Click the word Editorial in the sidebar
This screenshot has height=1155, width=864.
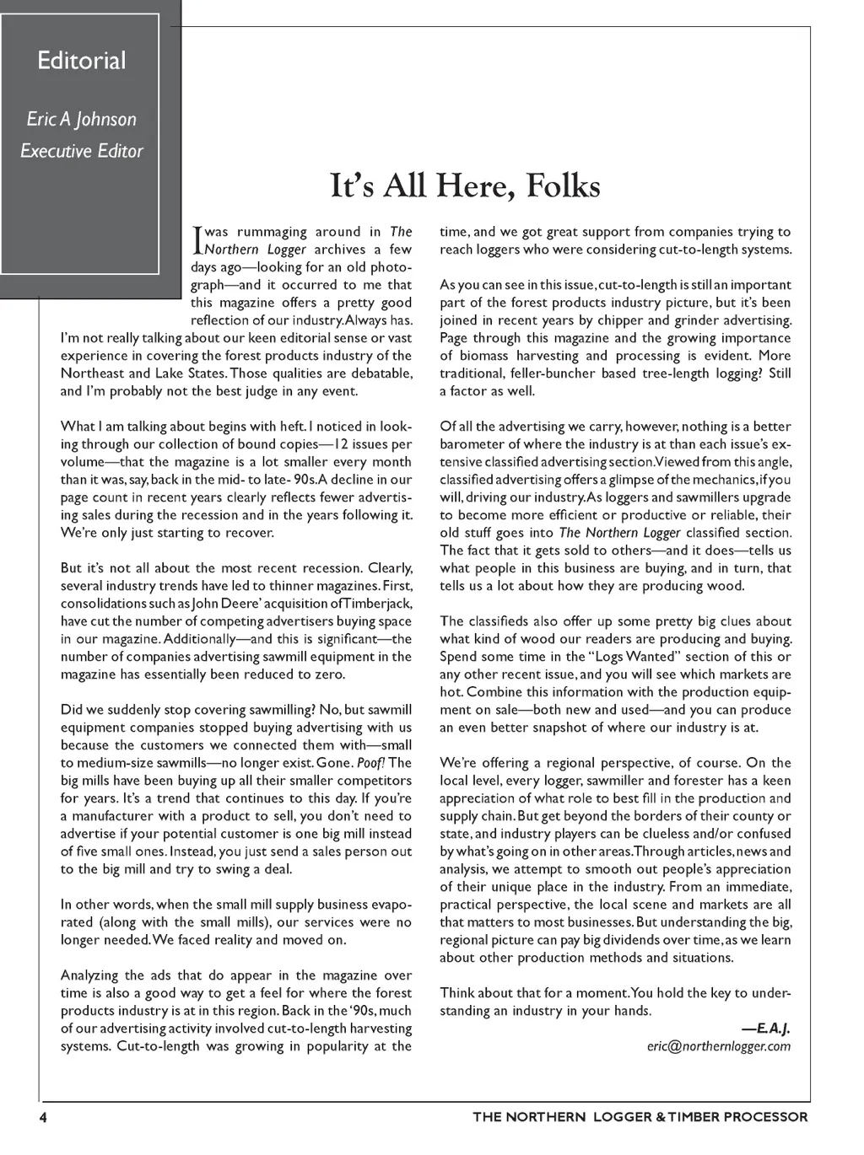point(81,61)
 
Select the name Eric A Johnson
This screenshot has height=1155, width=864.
point(81,119)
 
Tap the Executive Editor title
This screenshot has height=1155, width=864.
point(81,151)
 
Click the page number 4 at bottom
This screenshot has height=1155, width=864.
point(41,1117)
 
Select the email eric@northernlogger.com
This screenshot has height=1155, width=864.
point(719,1046)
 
